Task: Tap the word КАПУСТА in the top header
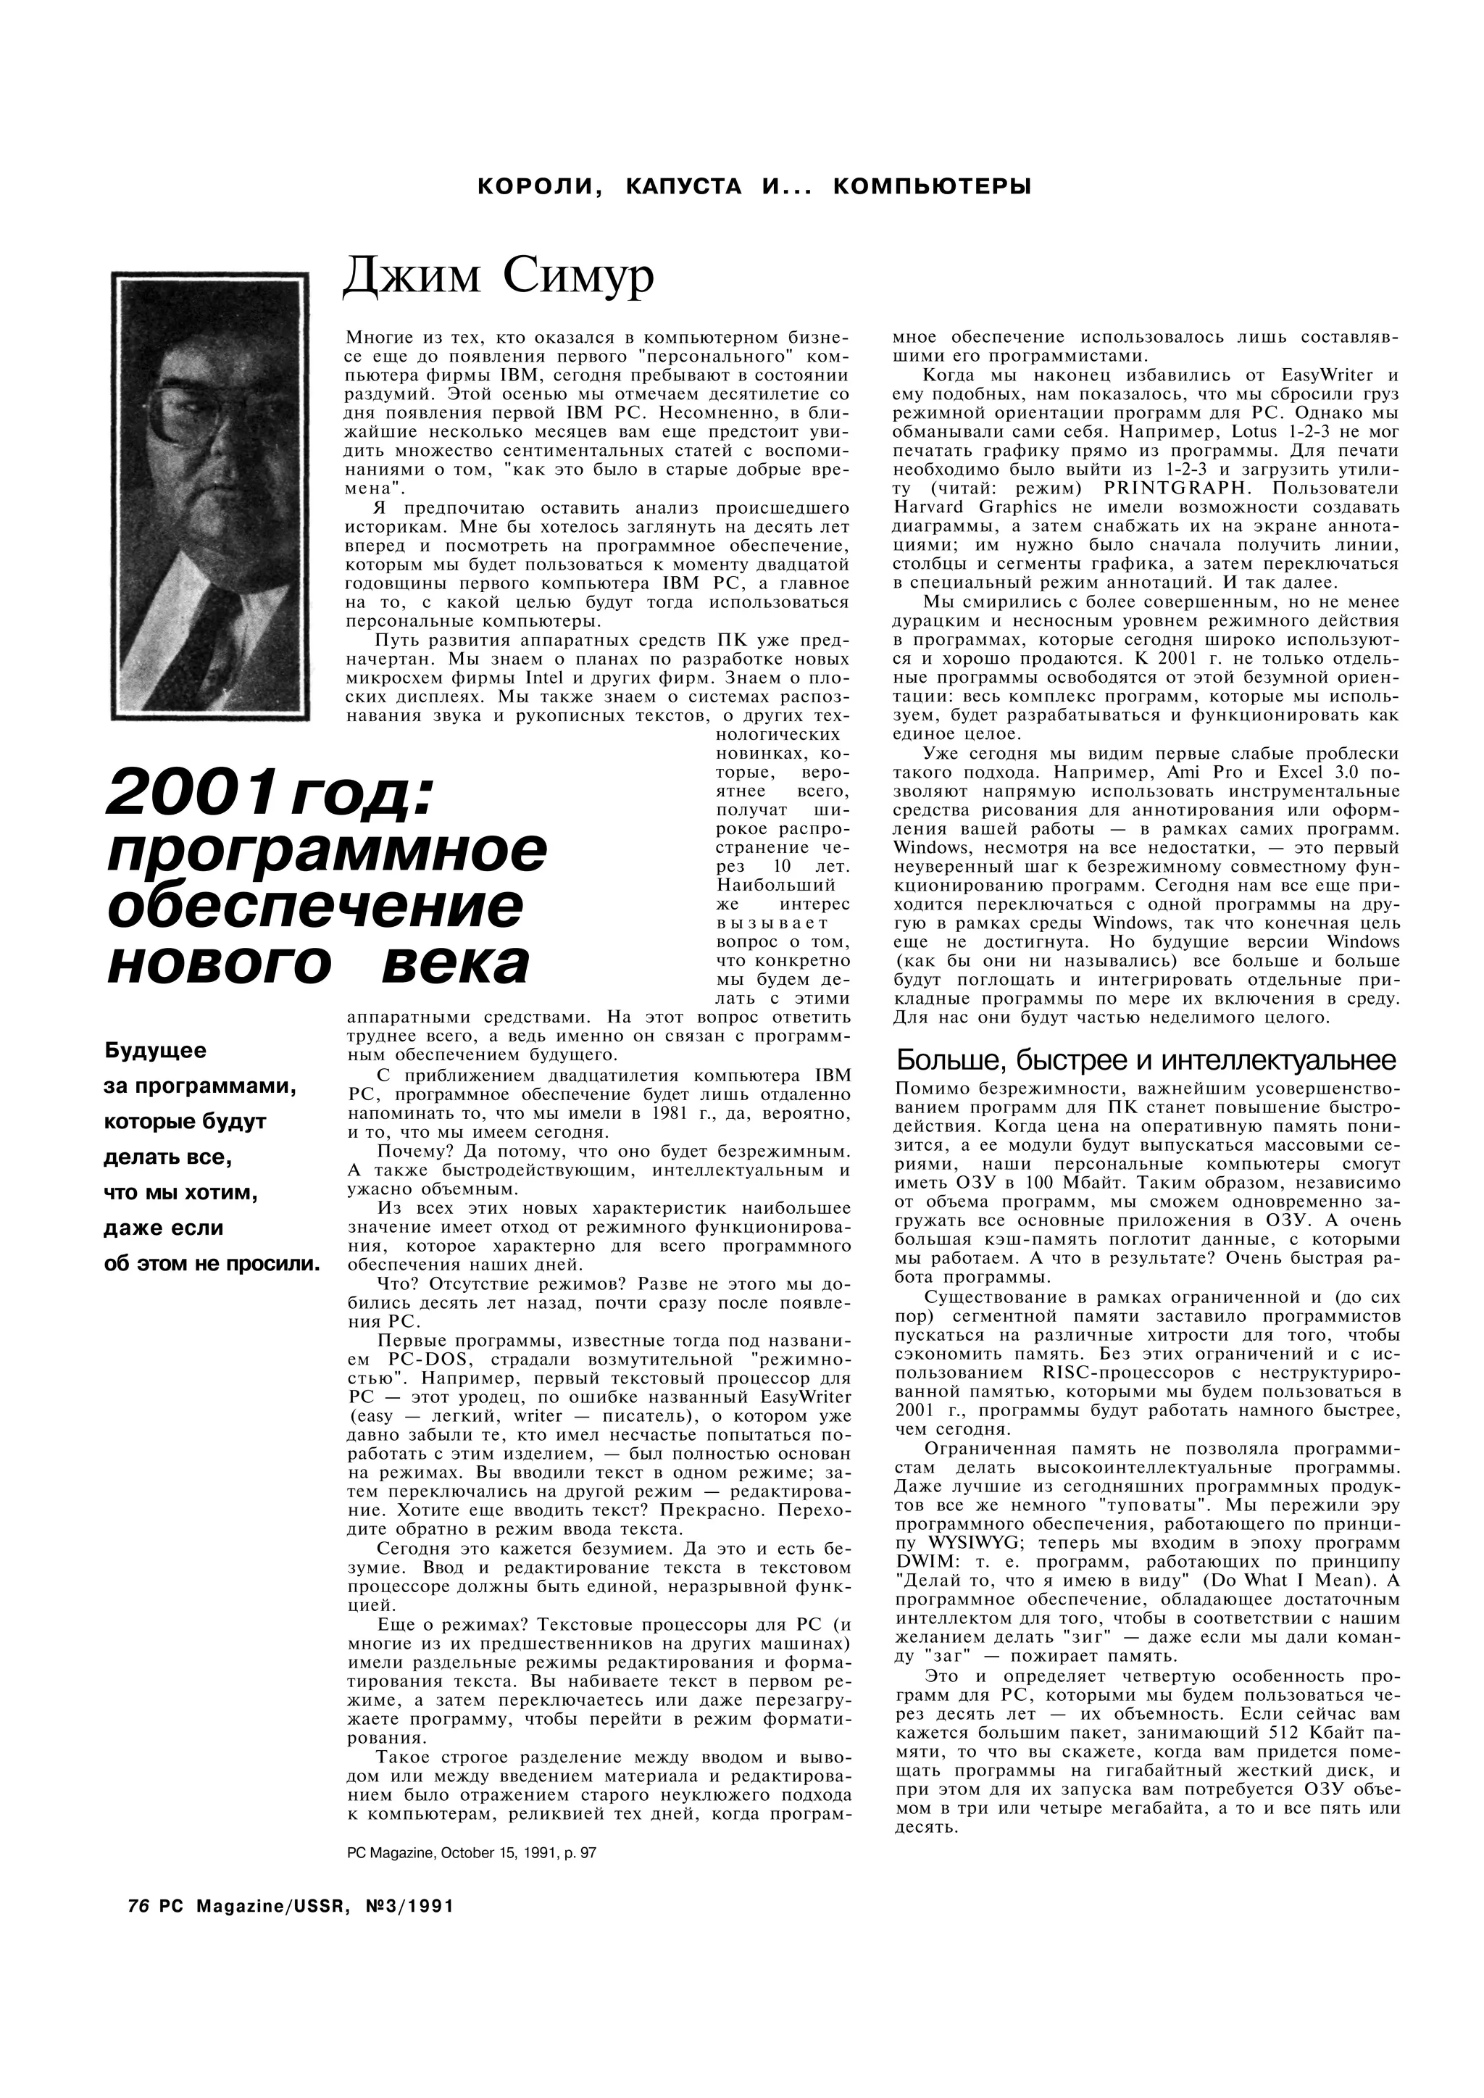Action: click(683, 186)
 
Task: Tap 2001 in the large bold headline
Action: click(189, 792)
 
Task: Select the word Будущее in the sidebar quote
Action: click(155, 1051)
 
